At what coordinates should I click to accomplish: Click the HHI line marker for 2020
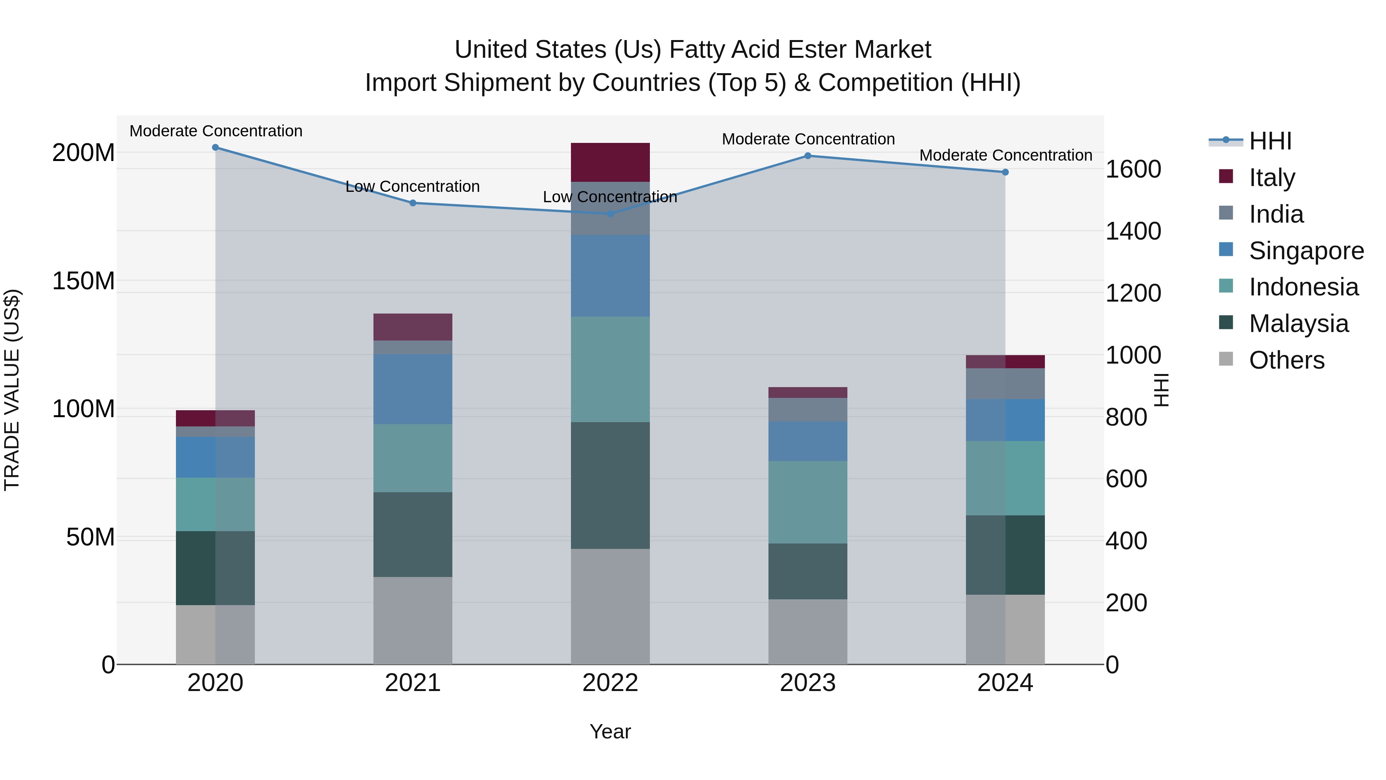tap(215, 148)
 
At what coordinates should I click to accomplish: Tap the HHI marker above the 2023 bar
tap(808, 156)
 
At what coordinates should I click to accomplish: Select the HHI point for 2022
tap(610, 214)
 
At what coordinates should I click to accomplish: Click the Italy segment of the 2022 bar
tap(610, 163)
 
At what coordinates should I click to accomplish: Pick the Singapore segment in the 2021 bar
tap(413, 389)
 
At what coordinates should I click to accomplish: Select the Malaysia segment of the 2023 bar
tap(808, 571)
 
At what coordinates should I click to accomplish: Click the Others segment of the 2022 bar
tap(610, 607)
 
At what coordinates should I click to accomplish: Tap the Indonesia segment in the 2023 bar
tap(808, 502)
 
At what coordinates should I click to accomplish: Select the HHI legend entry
tap(1270, 141)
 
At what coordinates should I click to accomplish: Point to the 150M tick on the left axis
tap(84, 281)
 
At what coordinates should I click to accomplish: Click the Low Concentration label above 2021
tap(413, 187)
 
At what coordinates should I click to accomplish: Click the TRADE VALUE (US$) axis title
tap(12, 390)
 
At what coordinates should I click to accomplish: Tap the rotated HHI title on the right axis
tap(1162, 390)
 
